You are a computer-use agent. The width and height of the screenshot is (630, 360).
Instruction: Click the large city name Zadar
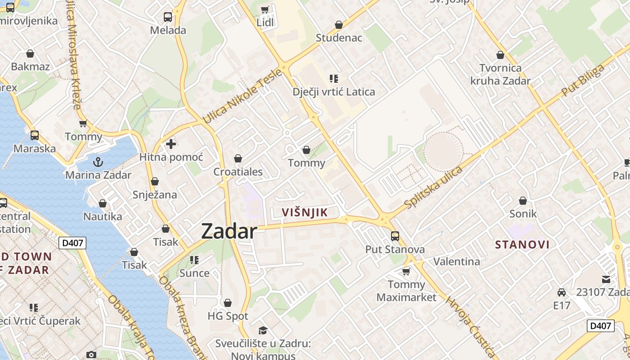(x=229, y=231)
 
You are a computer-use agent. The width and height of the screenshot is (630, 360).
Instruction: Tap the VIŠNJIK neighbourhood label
(x=305, y=212)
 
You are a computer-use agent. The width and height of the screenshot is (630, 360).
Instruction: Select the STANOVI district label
(x=522, y=245)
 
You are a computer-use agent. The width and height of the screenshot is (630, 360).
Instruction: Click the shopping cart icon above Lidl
(x=265, y=9)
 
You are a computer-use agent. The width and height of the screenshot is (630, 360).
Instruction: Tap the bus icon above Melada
(x=168, y=17)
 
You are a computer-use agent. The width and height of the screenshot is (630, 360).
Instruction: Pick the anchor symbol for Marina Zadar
(x=98, y=162)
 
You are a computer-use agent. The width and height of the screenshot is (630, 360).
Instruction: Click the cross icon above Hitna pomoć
(x=171, y=144)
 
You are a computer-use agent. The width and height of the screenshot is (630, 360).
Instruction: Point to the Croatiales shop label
(x=238, y=171)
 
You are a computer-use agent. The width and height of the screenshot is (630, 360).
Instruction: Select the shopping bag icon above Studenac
(x=339, y=24)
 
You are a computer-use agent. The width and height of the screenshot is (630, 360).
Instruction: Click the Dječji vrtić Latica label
(x=333, y=92)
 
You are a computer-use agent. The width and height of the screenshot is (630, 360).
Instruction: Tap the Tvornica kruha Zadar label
(x=500, y=75)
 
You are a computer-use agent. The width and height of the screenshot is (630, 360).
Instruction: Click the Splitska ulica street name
(x=433, y=187)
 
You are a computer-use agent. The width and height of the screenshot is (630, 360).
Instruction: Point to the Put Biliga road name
(x=583, y=81)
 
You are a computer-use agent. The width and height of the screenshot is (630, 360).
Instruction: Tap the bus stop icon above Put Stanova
(x=395, y=236)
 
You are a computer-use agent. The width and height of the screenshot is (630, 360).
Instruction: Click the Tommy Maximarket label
(x=406, y=291)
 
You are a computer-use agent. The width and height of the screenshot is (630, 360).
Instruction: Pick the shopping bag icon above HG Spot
(x=228, y=303)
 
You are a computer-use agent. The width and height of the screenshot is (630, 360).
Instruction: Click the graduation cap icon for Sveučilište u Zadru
(x=263, y=330)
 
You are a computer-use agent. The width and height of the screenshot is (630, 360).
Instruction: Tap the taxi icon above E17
(x=562, y=292)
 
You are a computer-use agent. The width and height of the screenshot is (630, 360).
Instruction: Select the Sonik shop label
(x=523, y=213)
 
